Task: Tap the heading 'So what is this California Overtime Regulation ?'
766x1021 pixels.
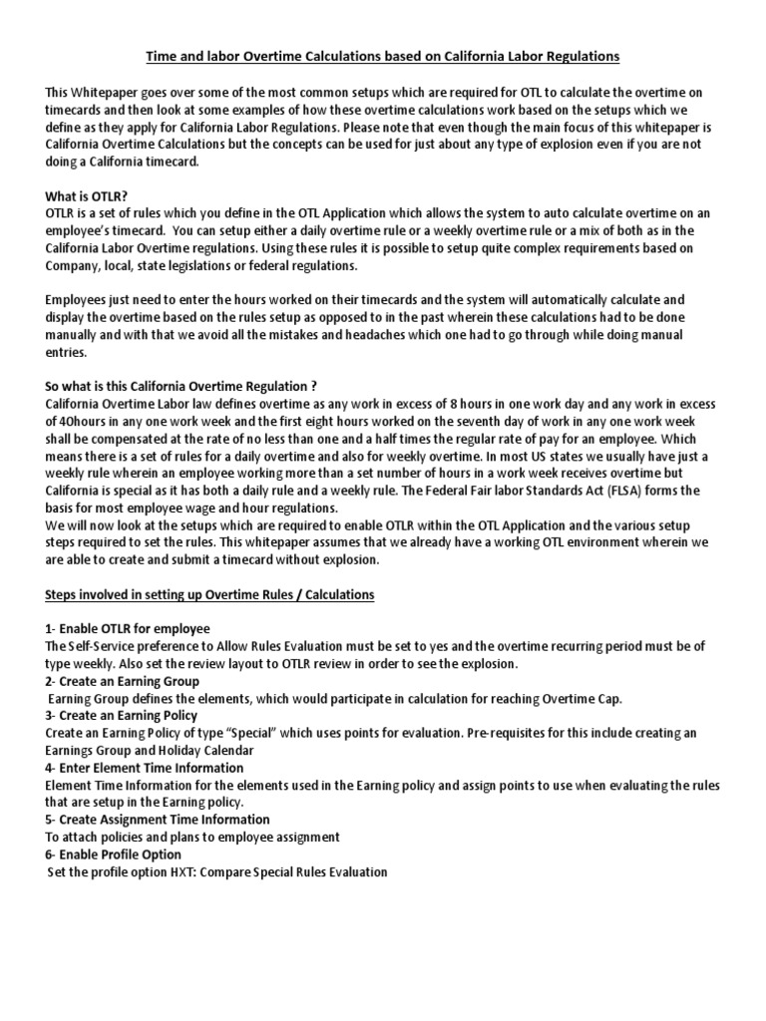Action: coord(182,387)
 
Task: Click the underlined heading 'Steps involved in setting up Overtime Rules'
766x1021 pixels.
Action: coord(209,595)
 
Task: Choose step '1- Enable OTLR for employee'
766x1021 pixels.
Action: coord(128,629)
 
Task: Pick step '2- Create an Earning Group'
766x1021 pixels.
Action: coord(123,681)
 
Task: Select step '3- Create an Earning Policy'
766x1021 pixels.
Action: coord(122,716)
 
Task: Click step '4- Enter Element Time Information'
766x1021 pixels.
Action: coord(145,768)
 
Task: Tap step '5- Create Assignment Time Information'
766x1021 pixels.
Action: coord(156,820)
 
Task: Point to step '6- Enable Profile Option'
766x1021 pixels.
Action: coord(114,854)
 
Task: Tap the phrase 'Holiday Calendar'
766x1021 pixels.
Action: coord(206,751)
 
